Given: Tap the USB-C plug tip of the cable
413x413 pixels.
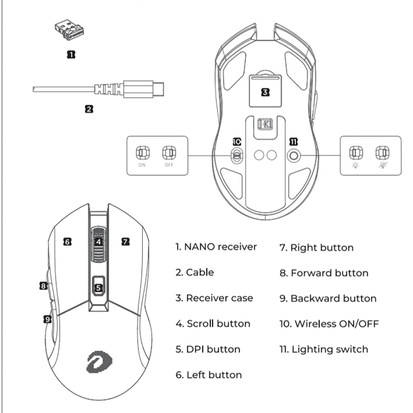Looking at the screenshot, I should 159,88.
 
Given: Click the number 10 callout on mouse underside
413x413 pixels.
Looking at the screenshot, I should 236,142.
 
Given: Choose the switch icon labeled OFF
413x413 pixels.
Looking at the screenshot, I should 168,152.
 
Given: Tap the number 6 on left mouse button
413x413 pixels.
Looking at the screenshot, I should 68,242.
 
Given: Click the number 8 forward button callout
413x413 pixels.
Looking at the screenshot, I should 43,285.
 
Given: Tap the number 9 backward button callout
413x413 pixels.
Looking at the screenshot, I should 47,319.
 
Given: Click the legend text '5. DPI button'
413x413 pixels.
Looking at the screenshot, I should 208,349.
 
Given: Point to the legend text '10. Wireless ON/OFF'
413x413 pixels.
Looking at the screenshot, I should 329,324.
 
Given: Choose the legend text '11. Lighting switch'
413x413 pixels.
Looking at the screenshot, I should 323,349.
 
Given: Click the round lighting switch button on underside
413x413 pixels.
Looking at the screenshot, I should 294,155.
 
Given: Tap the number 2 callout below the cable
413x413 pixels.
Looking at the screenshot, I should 89,109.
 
